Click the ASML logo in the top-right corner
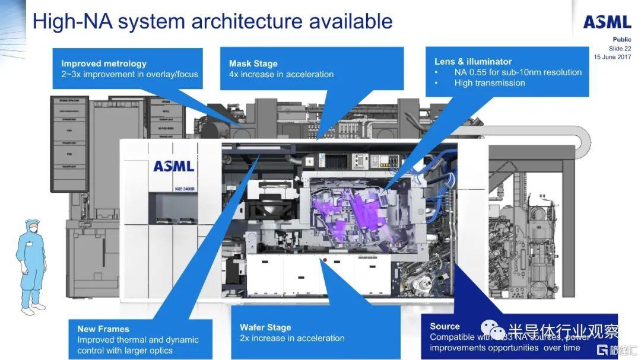(x=607, y=22)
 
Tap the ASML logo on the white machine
(x=173, y=166)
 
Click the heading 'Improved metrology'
(x=104, y=63)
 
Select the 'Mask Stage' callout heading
(x=253, y=63)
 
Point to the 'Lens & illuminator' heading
(x=473, y=61)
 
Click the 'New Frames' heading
(x=103, y=329)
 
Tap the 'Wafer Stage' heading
(x=265, y=327)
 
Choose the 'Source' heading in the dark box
(x=445, y=326)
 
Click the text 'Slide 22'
(x=620, y=48)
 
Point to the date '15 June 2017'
(x=613, y=56)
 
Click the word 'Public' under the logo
(x=622, y=40)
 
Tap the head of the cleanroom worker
(x=33, y=228)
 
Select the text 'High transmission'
(x=490, y=83)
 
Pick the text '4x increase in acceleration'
(x=281, y=74)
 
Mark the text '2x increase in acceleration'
(x=292, y=338)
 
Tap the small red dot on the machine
(x=325, y=260)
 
